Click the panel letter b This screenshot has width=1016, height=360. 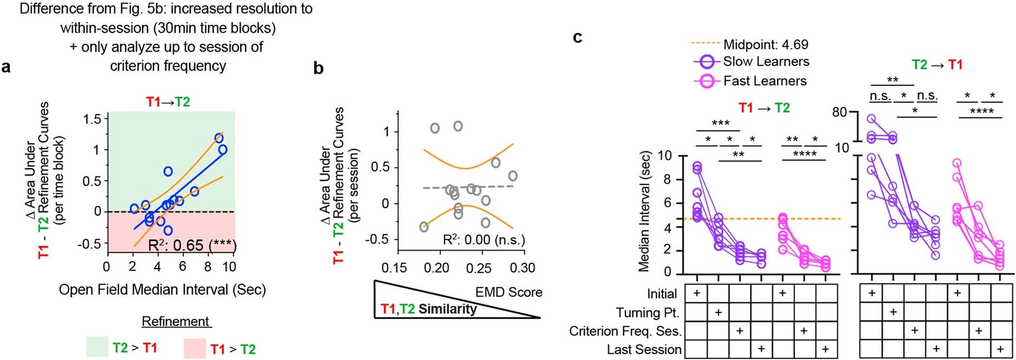tap(318, 68)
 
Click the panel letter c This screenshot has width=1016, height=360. tap(577, 37)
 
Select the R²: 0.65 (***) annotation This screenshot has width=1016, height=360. tap(192, 245)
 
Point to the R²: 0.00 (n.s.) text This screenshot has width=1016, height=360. tap(483, 239)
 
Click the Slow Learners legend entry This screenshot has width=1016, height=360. tap(766, 62)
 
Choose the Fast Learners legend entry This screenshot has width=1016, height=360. tap(765, 81)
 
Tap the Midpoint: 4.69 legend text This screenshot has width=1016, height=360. tap(766, 44)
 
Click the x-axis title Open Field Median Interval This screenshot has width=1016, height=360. tap(162, 290)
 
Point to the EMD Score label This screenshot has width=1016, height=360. tap(508, 292)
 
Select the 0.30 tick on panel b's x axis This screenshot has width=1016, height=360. tap(522, 268)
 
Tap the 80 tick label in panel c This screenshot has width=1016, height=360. tap(840, 113)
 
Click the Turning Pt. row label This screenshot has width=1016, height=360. tap(647, 313)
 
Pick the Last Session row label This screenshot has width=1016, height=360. tap(644, 350)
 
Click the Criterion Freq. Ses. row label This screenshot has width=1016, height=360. tap(625, 331)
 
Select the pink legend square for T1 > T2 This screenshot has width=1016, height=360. tap(195, 348)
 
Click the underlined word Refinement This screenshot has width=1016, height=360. tap(176, 322)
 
